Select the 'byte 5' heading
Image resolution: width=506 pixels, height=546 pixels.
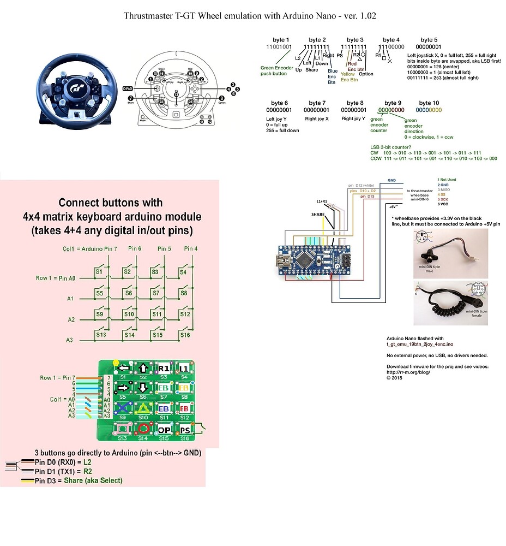click(x=429, y=40)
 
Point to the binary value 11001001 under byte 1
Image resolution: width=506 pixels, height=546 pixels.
click(x=279, y=48)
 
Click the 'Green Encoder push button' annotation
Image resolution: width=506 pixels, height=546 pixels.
click(x=276, y=70)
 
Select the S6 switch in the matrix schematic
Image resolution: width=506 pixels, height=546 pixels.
click(x=128, y=293)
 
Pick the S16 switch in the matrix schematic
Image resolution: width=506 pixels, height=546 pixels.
click(x=185, y=334)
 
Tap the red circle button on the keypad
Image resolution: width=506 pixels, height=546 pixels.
click(x=143, y=429)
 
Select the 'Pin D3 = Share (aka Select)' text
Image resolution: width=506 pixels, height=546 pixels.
click(x=79, y=480)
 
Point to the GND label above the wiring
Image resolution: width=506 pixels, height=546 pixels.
click(x=391, y=180)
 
